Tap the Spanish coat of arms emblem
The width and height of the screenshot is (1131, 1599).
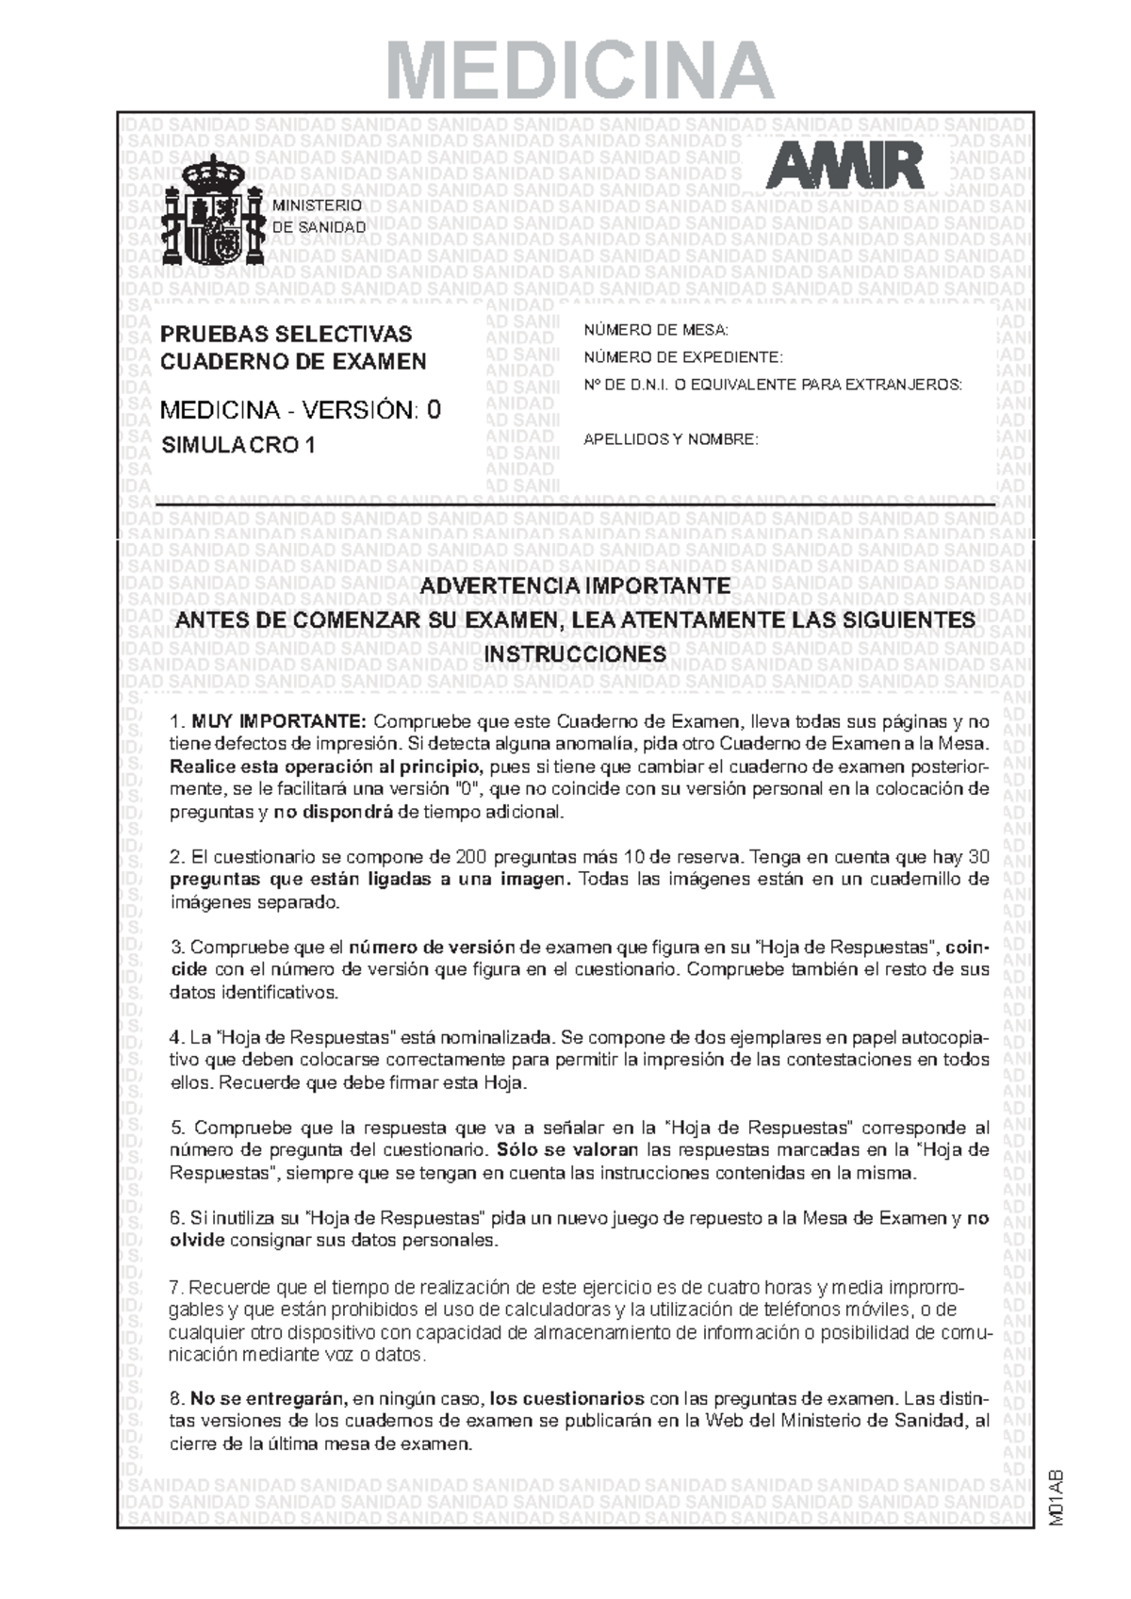[x=212, y=212]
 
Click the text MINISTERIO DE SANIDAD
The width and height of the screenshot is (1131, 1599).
[x=318, y=217]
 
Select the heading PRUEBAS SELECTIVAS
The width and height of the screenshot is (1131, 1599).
[x=286, y=334]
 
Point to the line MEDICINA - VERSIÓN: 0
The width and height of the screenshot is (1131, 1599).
[x=300, y=410]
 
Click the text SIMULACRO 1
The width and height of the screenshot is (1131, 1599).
[x=238, y=446]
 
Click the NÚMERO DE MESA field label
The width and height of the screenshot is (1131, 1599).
[x=656, y=330]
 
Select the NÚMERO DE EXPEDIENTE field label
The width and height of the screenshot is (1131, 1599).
[x=682, y=357]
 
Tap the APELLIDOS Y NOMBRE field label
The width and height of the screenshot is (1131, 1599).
[x=670, y=439]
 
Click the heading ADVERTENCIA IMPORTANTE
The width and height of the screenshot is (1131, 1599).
[x=575, y=585]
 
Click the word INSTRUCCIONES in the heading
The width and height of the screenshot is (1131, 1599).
[x=575, y=654]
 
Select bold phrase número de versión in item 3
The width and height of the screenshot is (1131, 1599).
[x=432, y=948]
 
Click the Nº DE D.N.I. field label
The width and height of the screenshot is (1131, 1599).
[x=773, y=385]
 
